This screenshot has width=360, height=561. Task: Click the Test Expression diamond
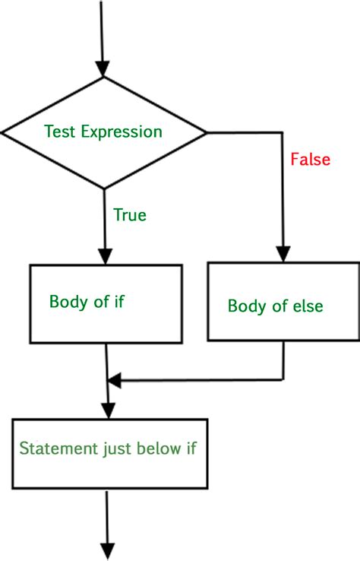click(x=104, y=133)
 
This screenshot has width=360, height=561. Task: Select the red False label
click(x=310, y=160)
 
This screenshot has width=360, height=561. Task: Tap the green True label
click(x=130, y=215)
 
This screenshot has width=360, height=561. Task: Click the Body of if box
click(x=106, y=303)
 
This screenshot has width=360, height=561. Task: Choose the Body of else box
click(x=283, y=303)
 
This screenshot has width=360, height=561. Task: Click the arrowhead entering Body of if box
click(x=106, y=255)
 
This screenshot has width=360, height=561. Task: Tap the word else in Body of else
click(x=308, y=306)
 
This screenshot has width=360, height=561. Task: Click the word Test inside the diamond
click(x=58, y=132)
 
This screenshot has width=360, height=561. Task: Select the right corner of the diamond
click(x=206, y=133)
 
